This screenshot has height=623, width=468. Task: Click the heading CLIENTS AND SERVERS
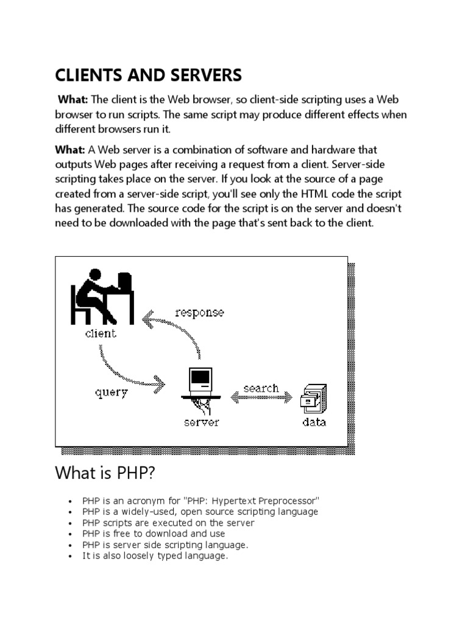click(149, 75)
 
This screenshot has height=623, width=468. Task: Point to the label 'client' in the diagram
click(101, 333)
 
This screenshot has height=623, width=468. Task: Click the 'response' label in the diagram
click(199, 313)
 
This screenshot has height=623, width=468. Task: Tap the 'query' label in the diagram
click(112, 392)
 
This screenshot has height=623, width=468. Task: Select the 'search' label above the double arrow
click(261, 388)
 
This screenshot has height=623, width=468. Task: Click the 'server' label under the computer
click(201, 422)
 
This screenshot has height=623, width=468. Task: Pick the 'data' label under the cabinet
click(314, 422)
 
